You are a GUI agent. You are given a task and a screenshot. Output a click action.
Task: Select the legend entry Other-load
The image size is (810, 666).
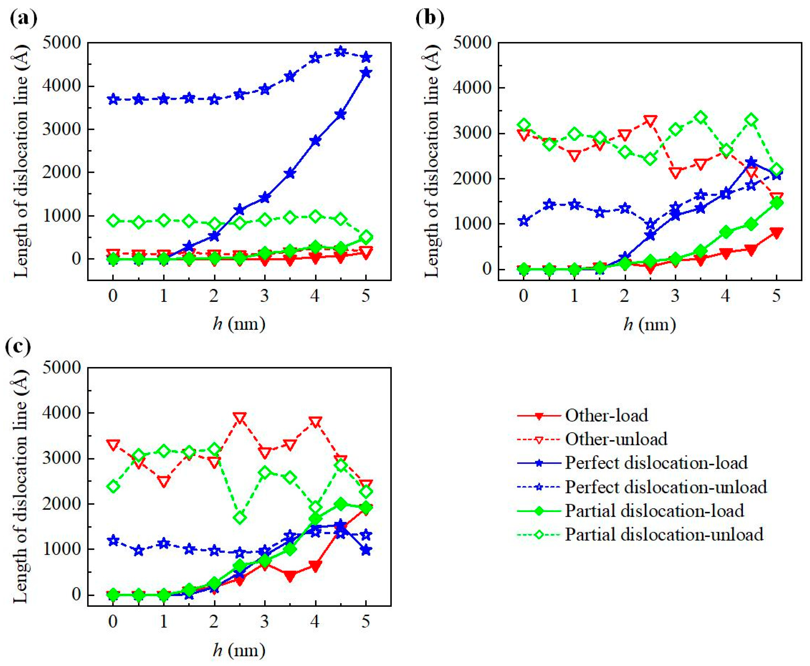tap(606, 415)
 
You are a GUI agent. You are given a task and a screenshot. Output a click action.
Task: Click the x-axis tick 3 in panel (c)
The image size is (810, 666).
tap(264, 620)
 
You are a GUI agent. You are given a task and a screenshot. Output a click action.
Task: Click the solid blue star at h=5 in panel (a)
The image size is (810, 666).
tap(366, 73)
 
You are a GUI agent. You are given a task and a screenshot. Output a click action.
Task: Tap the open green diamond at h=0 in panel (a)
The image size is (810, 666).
tap(113, 221)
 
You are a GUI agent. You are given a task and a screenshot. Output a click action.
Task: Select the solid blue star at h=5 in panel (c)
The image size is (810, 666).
tap(366, 550)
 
